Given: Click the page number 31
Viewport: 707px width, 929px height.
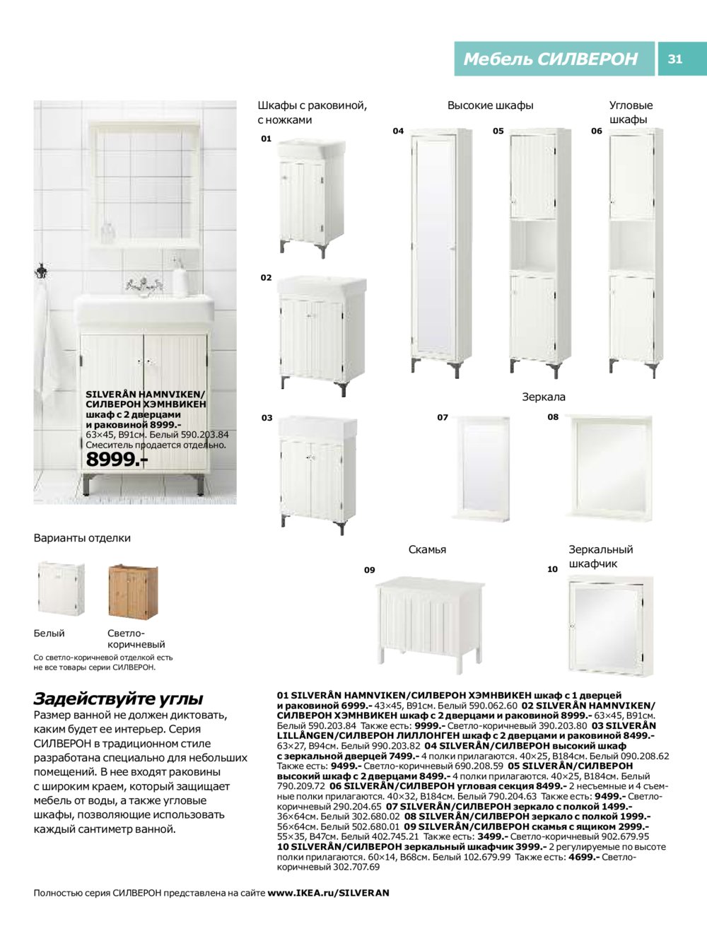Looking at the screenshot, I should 675,59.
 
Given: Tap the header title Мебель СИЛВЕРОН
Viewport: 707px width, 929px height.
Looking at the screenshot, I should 550,59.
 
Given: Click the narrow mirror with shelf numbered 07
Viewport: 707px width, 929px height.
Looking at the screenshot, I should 482,467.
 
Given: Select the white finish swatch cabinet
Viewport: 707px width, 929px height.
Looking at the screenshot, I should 60,588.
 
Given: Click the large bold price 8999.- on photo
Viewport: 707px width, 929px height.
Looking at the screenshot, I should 117,460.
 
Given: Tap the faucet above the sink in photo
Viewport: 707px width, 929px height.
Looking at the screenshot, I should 141,284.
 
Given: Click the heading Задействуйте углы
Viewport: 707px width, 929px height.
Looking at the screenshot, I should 119,699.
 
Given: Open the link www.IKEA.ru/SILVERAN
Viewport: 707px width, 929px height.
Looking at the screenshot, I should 328,893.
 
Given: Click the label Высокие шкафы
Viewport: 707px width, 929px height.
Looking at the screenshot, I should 490,105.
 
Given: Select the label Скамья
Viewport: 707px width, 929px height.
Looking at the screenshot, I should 427,549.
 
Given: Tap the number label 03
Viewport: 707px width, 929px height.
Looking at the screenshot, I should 267,418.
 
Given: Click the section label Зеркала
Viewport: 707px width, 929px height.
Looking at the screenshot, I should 544,397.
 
